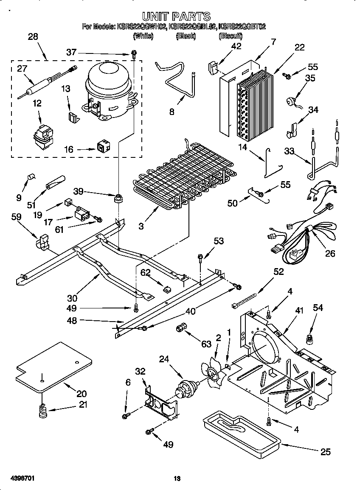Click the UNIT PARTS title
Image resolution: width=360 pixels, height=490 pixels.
(x=176, y=16)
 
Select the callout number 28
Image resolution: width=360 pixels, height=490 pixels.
(x=33, y=37)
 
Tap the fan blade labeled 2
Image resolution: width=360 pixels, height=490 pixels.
(x=215, y=371)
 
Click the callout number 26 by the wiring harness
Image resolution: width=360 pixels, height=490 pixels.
(x=329, y=253)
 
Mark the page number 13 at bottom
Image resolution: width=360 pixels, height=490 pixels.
(x=177, y=479)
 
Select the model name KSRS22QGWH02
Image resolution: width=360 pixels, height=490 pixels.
(x=141, y=27)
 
